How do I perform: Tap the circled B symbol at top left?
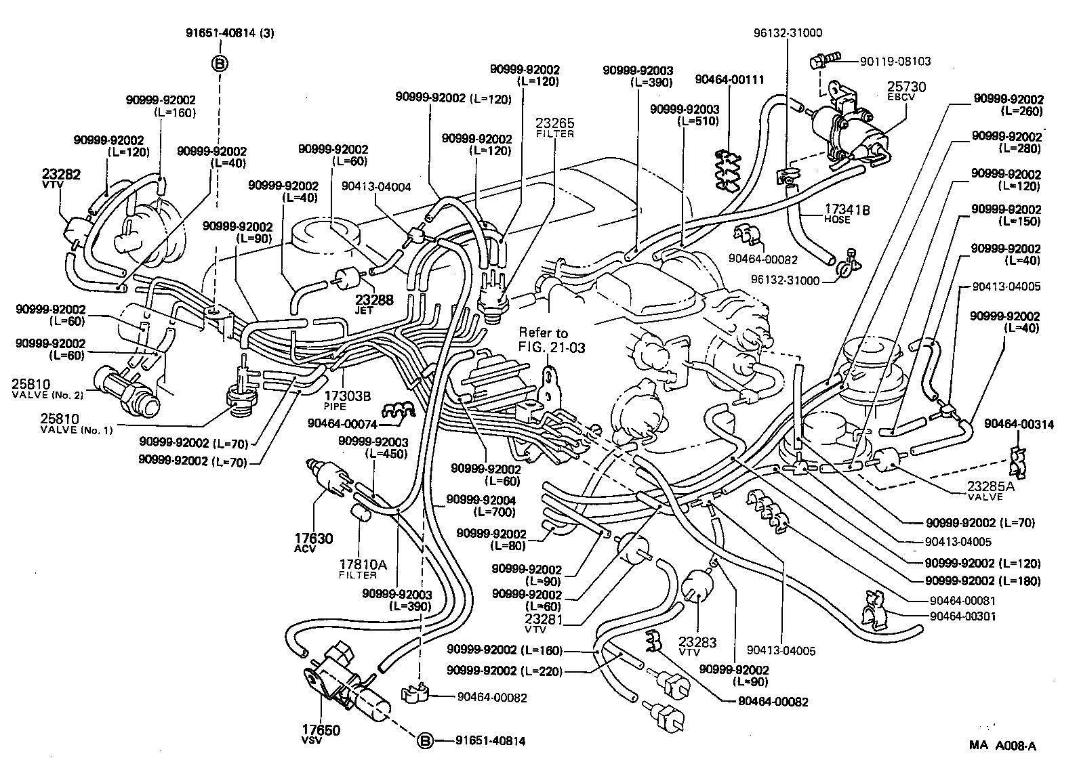pyautogui.click(x=221, y=64)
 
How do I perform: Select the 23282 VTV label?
pyautogui.click(x=61, y=178)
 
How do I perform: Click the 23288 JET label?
pyautogui.click(x=373, y=303)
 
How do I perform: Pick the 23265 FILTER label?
pyautogui.click(x=554, y=127)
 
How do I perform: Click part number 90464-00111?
pyautogui.click(x=729, y=80)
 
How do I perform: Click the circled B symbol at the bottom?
pyautogui.click(x=424, y=741)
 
